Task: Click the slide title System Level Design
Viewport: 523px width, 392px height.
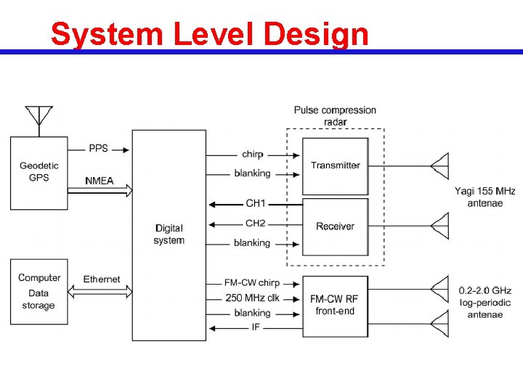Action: (x=210, y=34)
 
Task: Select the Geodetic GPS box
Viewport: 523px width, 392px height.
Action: (x=39, y=173)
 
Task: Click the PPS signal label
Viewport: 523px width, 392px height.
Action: (x=98, y=148)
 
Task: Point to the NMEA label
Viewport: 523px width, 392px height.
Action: (x=100, y=180)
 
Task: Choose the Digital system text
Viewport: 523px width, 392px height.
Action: (x=169, y=234)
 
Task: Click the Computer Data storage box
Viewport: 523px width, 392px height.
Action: (x=39, y=291)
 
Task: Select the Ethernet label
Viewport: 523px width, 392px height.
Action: (x=102, y=279)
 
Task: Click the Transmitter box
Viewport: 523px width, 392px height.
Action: (x=335, y=166)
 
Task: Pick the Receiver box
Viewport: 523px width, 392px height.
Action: (x=335, y=226)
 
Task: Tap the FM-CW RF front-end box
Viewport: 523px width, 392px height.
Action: (x=334, y=305)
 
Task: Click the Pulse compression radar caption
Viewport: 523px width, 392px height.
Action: (x=335, y=116)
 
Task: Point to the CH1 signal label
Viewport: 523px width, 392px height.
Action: (x=256, y=203)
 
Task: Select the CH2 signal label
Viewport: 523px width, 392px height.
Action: (x=256, y=223)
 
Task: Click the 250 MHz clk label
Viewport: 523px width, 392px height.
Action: (x=252, y=298)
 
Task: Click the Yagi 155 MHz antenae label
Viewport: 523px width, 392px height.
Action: (x=485, y=197)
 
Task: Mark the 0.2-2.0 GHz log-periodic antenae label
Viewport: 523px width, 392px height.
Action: (x=485, y=302)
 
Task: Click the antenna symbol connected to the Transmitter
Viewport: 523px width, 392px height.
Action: (x=440, y=166)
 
